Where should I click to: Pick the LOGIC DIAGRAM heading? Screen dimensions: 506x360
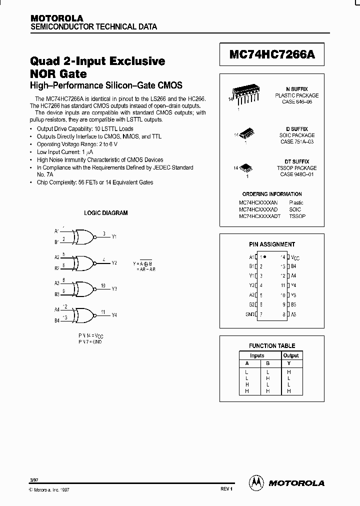click(105, 213)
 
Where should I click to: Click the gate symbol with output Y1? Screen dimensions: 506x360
click(84, 236)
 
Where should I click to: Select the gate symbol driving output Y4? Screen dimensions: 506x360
click(84, 315)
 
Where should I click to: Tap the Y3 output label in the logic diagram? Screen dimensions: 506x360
click(114, 289)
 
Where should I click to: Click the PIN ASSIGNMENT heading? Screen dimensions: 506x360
click(272, 244)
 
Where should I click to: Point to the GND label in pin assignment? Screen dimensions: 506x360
click(250, 314)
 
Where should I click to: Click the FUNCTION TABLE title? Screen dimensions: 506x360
click(272, 345)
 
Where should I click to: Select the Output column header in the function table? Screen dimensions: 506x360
click(290, 355)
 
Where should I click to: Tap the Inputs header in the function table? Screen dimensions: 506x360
click(257, 355)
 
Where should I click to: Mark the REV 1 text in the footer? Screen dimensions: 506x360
click(226, 488)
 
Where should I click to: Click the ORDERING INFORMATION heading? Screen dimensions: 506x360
click(272, 194)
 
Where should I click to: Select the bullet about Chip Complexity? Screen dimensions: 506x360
click(95, 182)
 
